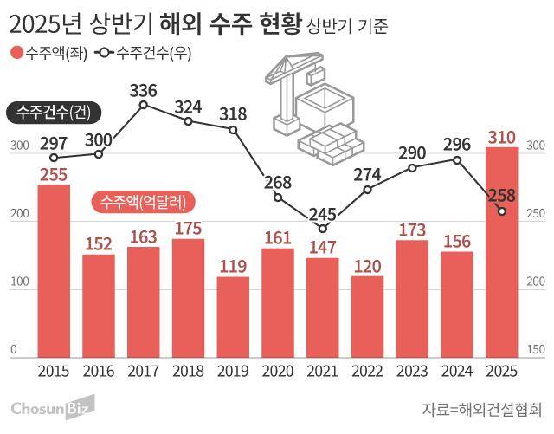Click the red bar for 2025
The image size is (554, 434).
coord(502,251)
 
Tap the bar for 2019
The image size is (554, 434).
coord(233,316)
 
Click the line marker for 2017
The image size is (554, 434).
coord(144,105)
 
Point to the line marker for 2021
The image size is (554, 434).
coord(323,229)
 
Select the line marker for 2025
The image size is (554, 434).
coord(502,211)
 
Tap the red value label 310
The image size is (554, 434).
coord(502,137)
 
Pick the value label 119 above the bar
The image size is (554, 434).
coord(233,266)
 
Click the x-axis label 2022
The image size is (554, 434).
coord(367,371)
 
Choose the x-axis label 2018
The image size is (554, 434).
coord(188,371)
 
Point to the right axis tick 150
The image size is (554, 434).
coord(535,349)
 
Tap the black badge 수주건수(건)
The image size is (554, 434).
coord(55,112)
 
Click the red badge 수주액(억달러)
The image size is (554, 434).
coord(144,202)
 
